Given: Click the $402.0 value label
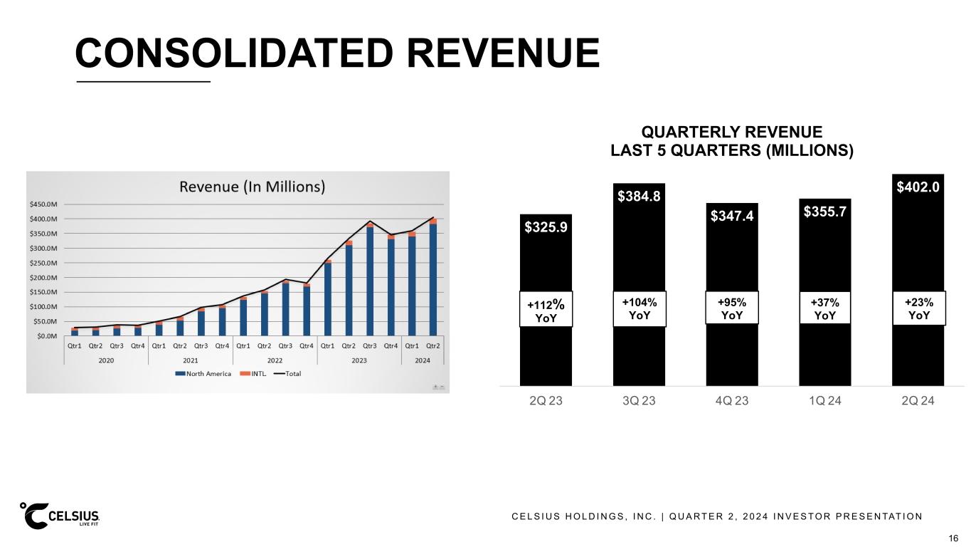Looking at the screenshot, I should (918, 187).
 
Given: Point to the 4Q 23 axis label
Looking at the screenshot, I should (731, 400).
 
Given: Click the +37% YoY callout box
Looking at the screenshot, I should (824, 308).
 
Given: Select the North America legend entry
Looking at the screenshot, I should (207, 375).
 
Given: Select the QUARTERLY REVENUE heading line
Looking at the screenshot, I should (732, 132).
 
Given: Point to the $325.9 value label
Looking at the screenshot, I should (546, 227).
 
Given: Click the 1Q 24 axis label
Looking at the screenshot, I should (824, 400).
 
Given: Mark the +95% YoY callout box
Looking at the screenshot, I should (731, 308).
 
